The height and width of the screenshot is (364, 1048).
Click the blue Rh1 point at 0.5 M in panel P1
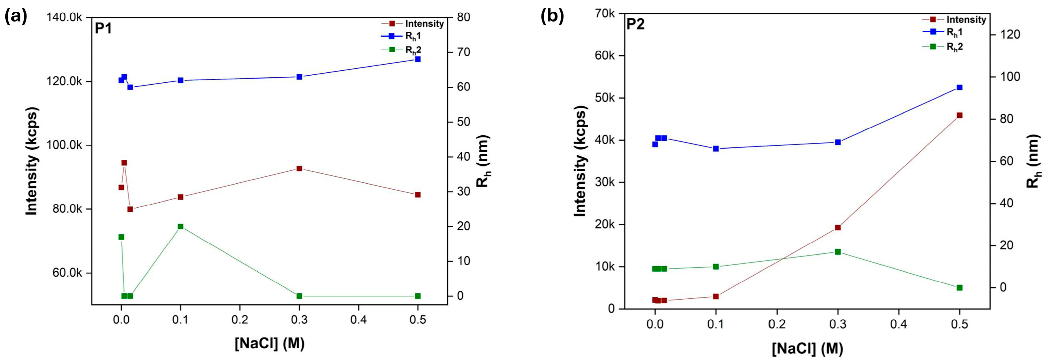click(417, 59)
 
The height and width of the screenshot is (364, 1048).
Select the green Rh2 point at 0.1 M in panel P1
click(181, 226)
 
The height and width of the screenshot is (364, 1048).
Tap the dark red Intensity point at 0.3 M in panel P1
click(300, 168)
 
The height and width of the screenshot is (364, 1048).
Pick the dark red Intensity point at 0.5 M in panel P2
click(959, 116)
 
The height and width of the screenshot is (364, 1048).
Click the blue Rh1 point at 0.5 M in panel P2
click(959, 87)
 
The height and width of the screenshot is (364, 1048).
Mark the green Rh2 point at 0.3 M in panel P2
click(838, 252)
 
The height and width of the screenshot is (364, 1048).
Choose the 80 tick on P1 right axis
click(464, 17)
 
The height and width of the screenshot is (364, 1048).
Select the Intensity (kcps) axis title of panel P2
click(581, 161)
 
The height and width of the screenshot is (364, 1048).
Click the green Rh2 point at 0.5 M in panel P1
click(417, 296)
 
